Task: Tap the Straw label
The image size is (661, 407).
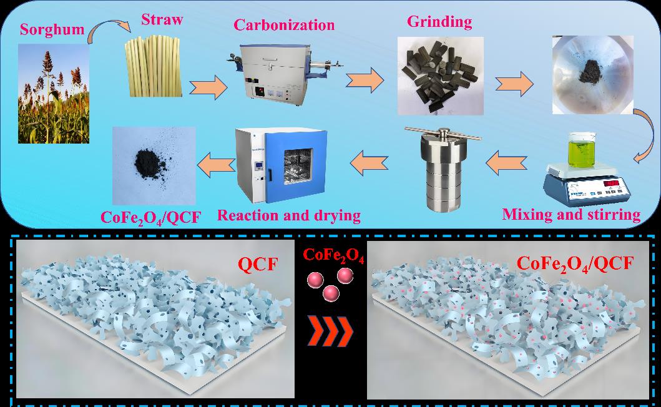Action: click(162, 19)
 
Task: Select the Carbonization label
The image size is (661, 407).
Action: click(284, 25)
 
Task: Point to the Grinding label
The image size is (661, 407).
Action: click(439, 22)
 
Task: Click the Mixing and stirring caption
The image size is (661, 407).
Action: click(572, 215)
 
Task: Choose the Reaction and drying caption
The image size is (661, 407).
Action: click(289, 215)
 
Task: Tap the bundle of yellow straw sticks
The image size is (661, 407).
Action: click(154, 66)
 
